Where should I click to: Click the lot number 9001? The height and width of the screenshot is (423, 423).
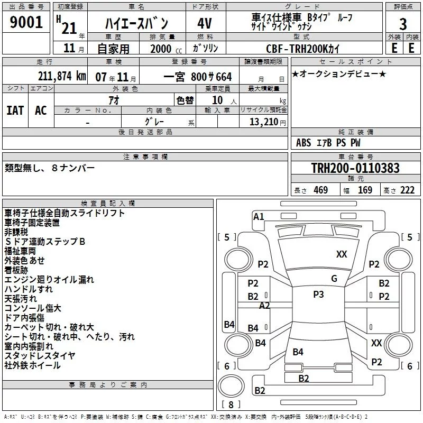(x=26, y=22)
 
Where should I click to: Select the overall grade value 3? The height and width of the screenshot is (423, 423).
(x=403, y=24)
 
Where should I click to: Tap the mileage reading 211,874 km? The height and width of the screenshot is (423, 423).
(x=62, y=76)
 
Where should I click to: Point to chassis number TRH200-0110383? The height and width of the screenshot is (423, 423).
(x=355, y=168)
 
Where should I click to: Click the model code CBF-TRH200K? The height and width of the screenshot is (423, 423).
(x=297, y=49)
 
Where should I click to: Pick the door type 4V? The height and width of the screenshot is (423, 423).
(x=205, y=23)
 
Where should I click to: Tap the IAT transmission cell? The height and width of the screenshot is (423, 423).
(x=15, y=111)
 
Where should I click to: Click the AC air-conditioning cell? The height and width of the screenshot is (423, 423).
(x=41, y=111)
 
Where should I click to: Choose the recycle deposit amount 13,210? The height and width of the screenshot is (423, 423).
(x=264, y=122)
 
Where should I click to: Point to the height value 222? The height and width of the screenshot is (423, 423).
(x=407, y=190)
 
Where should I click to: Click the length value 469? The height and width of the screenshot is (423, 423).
(x=321, y=190)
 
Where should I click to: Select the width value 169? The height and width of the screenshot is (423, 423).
(x=365, y=190)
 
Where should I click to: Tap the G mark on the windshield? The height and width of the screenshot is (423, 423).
(x=334, y=279)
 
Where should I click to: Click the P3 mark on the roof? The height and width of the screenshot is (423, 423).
(x=318, y=295)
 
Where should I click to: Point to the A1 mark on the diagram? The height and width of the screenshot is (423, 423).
(x=259, y=217)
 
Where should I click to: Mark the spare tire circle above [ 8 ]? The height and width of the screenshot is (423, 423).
(x=231, y=386)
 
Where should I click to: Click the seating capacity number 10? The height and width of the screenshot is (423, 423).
(x=217, y=100)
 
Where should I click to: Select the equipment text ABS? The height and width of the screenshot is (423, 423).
(x=304, y=143)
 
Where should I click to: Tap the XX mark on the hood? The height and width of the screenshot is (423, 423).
(x=342, y=254)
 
